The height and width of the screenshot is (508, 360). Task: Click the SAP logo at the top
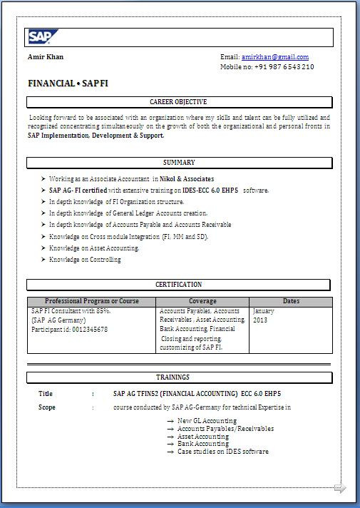[43, 37]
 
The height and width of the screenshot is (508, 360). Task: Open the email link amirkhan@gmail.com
[274, 56]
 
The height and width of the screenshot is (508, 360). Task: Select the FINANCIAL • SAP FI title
[68, 83]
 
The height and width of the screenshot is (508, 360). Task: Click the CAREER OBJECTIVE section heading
[179, 102]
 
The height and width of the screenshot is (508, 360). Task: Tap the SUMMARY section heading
[179, 163]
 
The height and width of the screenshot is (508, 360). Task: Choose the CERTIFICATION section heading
[178, 285]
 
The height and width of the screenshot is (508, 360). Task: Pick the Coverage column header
[202, 301]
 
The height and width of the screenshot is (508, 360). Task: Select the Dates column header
[291, 301]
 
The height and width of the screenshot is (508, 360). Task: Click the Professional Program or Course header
[91, 301]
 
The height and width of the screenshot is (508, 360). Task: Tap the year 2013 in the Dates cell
[260, 320]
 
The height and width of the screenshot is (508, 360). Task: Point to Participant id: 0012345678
[70, 329]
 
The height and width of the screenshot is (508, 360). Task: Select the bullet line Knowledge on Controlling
[85, 260]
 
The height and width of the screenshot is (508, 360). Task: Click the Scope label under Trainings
[47, 407]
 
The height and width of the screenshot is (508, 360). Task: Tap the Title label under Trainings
[46, 393]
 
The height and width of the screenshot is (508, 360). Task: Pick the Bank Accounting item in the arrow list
[203, 444]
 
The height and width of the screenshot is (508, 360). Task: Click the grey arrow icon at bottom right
[340, 488]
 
